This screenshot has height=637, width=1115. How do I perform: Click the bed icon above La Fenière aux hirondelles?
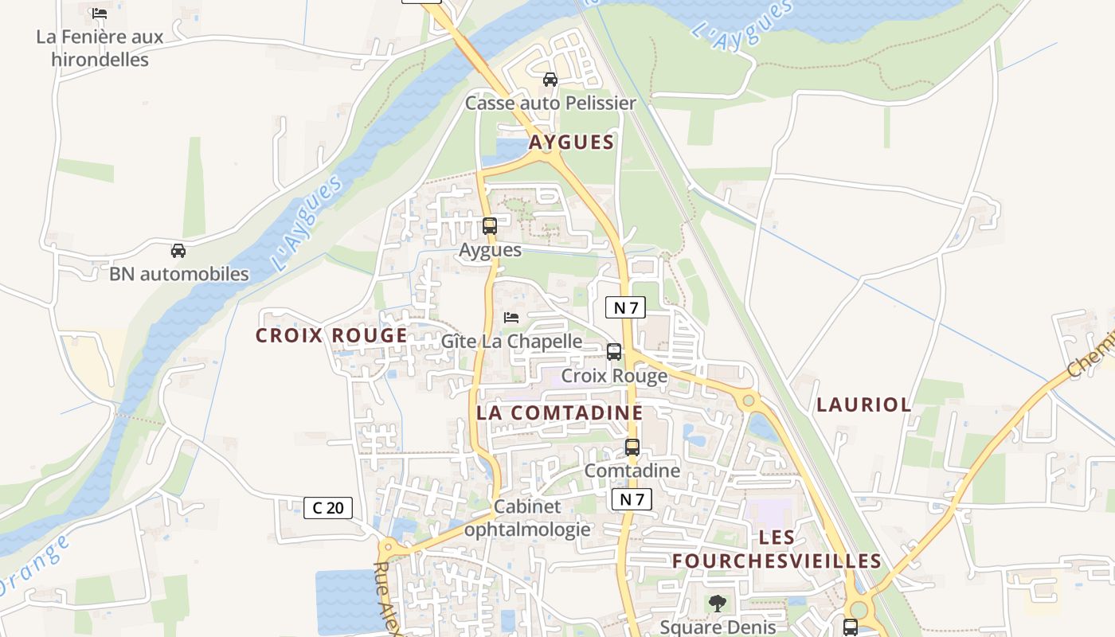click(100, 14)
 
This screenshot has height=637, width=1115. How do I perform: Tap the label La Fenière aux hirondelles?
click(100, 48)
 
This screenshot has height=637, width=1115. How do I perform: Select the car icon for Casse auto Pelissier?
click(550, 80)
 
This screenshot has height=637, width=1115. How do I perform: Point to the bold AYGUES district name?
click(572, 143)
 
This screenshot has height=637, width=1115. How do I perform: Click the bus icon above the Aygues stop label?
click(490, 226)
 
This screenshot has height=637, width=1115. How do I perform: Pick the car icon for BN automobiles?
click(178, 251)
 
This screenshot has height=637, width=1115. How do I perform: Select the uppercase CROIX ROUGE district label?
click(331, 336)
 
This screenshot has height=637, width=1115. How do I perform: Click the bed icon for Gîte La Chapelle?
click(511, 318)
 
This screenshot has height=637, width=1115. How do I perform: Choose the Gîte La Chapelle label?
click(511, 342)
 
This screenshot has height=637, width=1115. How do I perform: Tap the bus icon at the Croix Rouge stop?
click(614, 352)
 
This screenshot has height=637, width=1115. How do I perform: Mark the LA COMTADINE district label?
click(559, 412)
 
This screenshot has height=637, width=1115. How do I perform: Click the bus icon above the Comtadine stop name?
click(632, 447)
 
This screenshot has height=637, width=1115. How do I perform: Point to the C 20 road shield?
click(328, 508)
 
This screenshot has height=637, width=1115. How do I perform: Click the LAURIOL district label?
click(864, 404)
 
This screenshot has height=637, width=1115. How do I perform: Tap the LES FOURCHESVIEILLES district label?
click(777, 549)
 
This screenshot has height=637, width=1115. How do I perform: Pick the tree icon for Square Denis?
click(718, 604)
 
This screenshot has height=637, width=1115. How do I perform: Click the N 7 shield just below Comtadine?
click(632, 500)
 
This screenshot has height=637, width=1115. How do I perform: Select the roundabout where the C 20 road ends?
click(388, 547)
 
